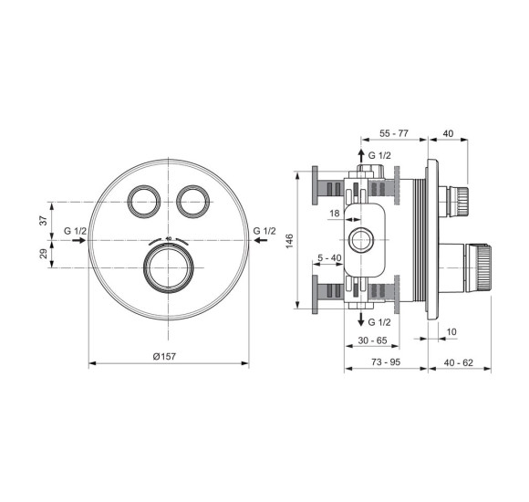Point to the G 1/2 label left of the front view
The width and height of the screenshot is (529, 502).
[x=75, y=231]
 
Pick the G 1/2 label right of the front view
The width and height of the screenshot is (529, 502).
[x=265, y=231]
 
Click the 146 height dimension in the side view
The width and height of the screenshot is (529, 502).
[x=289, y=240]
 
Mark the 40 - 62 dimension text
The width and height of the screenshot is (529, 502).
[x=461, y=362]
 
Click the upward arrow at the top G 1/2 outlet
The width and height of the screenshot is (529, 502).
[x=360, y=155]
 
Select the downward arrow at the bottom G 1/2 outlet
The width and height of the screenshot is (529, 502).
[x=360, y=320]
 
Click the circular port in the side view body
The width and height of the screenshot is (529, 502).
[x=362, y=240]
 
